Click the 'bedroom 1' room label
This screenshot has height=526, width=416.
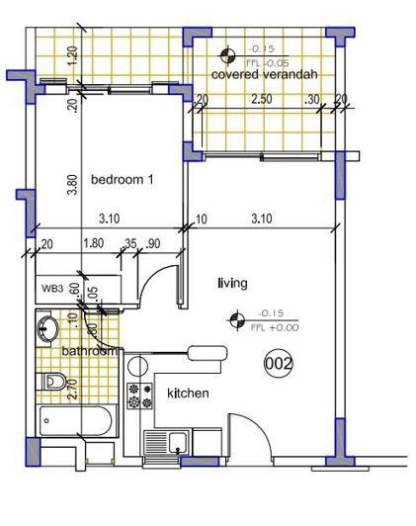click(x=123, y=180)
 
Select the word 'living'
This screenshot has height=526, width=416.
click(x=231, y=284)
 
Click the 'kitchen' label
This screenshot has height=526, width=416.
click(x=188, y=394)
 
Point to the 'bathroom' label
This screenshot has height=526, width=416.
click(x=89, y=351)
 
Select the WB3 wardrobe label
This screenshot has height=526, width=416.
click(x=51, y=289)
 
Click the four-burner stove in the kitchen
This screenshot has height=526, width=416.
click(x=140, y=395)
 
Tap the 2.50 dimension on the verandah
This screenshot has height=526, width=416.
click(x=262, y=99)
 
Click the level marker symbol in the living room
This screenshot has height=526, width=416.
click(x=234, y=318)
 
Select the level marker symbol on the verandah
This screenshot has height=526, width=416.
click(x=229, y=54)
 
